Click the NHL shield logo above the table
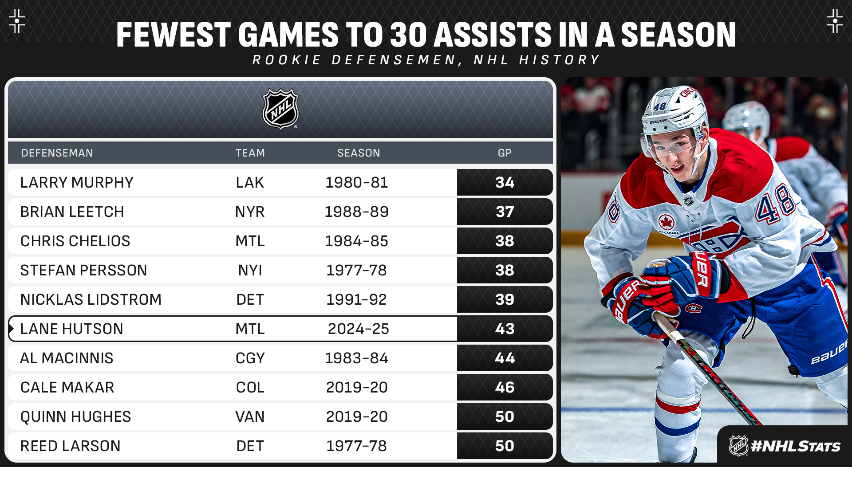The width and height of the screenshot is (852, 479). (280, 109)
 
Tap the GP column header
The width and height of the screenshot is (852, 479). (505, 153)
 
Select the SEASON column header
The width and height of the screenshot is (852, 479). (359, 153)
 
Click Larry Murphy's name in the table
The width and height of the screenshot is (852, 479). (77, 182)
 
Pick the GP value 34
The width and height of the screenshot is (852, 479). (505, 182)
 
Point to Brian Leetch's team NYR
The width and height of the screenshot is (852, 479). (250, 212)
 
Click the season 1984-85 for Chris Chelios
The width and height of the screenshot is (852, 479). (357, 241)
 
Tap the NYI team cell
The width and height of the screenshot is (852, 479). (250, 270)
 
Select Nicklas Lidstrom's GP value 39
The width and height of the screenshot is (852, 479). (505, 299)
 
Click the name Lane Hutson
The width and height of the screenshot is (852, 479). (71, 329)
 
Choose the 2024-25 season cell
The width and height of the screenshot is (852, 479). (359, 329)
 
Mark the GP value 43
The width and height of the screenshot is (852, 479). (505, 329)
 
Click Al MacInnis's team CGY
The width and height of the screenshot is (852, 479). (250, 358)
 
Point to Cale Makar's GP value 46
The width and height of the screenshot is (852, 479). (505, 387)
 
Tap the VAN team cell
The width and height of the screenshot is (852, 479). (250, 416)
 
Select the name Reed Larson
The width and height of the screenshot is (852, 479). (71, 446)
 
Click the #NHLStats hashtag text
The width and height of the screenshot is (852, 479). (796, 446)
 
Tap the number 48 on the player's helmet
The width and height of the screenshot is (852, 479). (660, 106)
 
